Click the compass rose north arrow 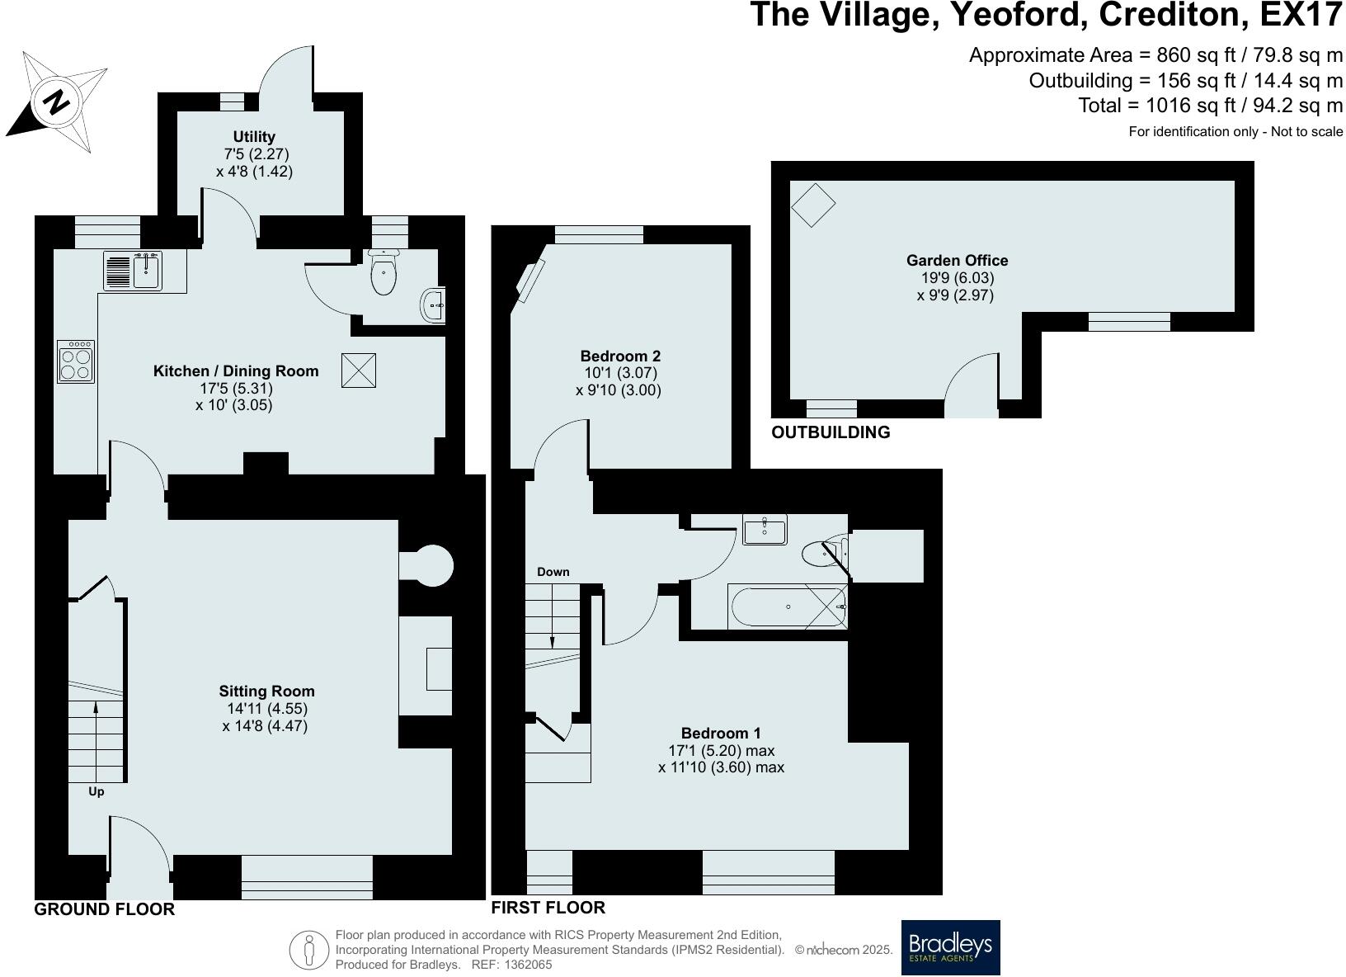[x=56, y=102]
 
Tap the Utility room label [x=254, y=137]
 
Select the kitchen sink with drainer [x=133, y=271]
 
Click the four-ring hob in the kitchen [x=76, y=361]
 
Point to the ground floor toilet [x=384, y=272]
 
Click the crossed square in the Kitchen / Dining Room [x=358, y=370]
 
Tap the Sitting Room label [x=266, y=691]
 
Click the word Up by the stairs [x=96, y=792]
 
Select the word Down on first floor [x=553, y=572]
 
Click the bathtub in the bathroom [x=788, y=607]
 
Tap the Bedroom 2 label [x=620, y=356]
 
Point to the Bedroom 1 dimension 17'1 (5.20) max [x=721, y=751]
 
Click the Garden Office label [x=957, y=261]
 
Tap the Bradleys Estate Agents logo [x=950, y=947]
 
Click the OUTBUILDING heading [x=831, y=432]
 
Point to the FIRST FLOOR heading [x=548, y=908]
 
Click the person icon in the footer [x=309, y=950]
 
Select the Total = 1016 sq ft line [x=1210, y=106]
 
